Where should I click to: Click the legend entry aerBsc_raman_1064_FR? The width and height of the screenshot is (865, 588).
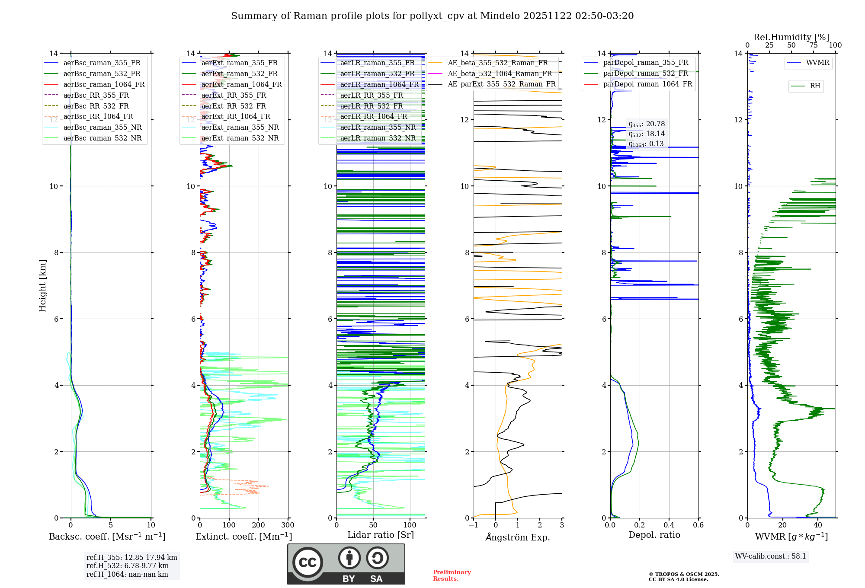click(x=104, y=85)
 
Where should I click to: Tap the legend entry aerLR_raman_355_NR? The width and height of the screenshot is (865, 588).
click(x=378, y=128)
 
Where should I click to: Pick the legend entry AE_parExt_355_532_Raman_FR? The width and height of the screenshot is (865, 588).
click(x=501, y=84)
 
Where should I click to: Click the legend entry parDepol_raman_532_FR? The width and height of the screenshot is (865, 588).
click(x=645, y=73)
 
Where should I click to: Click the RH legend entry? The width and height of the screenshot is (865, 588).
click(x=815, y=86)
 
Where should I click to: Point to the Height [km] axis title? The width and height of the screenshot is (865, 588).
click(x=42, y=286)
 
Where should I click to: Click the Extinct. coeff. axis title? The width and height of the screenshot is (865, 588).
click(x=243, y=537)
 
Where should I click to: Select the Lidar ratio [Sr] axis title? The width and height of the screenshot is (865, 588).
click(x=381, y=535)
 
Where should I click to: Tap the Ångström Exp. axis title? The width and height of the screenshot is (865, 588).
click(x=518, y=537)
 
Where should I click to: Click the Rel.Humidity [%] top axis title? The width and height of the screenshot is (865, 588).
click(x=791, y=37)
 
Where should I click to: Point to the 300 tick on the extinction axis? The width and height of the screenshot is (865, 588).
click(x=288, y=525)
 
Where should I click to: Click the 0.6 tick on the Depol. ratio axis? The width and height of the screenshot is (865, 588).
click(x=698, y=525)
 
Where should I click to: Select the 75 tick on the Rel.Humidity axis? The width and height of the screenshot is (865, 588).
click(x=813, y=45)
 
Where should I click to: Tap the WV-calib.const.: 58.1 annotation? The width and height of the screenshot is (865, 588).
click(x=771, y=556)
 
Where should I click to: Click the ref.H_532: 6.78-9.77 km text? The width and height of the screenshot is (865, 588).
click(x=128, y=566)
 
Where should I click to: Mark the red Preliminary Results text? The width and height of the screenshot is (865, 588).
click(x=452, y=575)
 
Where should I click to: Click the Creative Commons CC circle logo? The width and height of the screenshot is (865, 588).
click(x=308, y=562)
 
